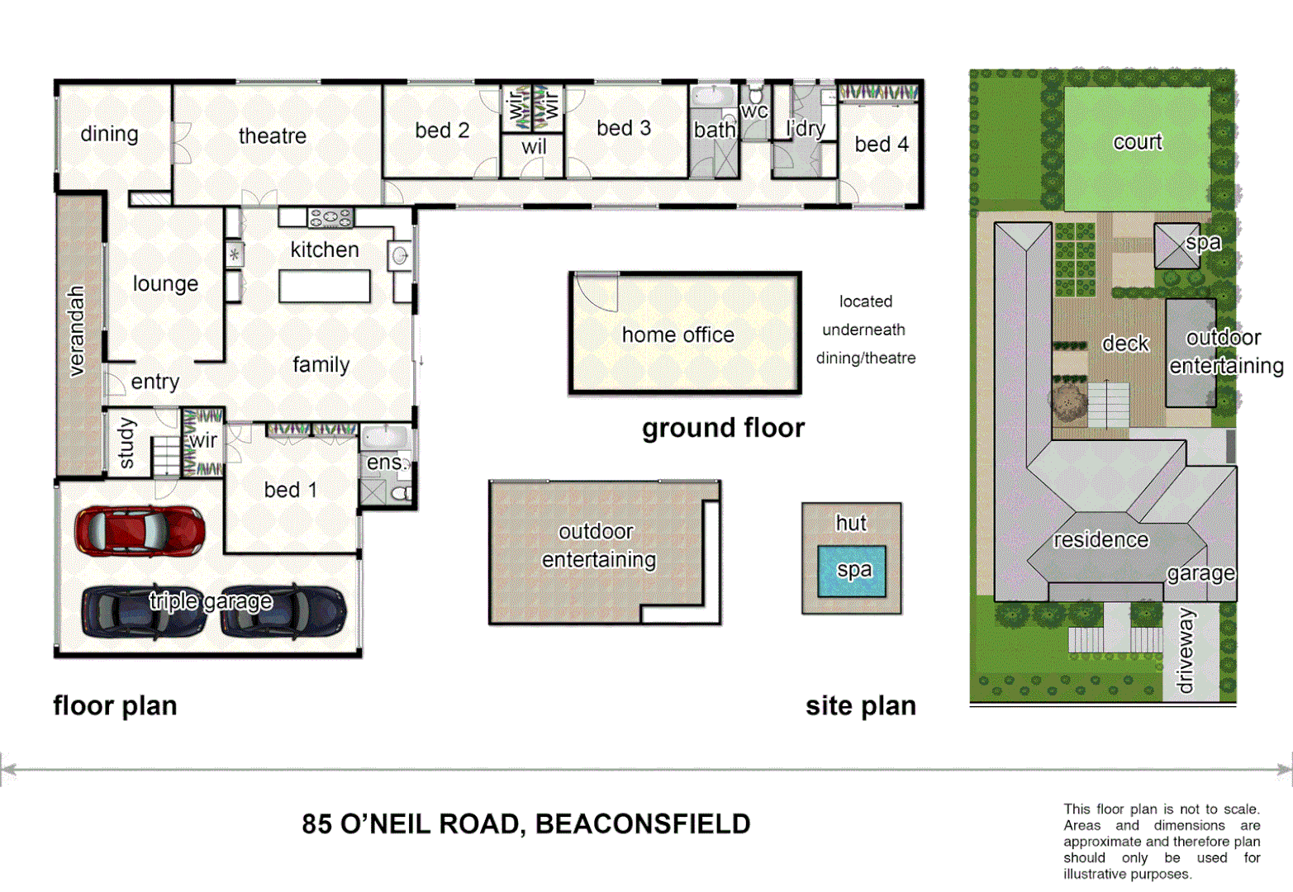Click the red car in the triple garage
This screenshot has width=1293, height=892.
click(x=139, y=531)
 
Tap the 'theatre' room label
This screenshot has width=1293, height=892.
click(x=272, y=136)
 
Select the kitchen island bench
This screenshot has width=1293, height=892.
click(x=324, y=287)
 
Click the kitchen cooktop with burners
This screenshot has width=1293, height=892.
click(x=330, y=218)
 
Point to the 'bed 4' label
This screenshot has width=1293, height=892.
click(x=881, y=145)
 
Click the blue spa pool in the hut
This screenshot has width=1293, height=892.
click(x=852, y=571)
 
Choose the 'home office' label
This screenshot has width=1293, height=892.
click(x=677, y=334)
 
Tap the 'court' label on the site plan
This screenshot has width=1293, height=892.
click(x=1137, y=142)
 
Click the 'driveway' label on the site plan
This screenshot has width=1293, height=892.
click(x=1186, y=652)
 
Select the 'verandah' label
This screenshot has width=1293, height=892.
click(x=76, y=330)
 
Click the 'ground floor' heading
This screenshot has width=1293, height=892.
click(x=723, y=428)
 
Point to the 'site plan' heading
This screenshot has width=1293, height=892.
click(x=860, y=706)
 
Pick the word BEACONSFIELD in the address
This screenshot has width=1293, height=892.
click(x=643, y=824)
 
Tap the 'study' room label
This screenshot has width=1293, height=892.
click(x=126, y=444)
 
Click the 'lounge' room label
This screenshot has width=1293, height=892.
click(x=165, y=284)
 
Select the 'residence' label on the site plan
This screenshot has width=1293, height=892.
click(x=1100, y=540)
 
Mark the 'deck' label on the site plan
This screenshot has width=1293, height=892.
click(x=1125, y=344)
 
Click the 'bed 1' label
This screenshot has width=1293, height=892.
click(x=290, y=490)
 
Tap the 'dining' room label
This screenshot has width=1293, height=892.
click(x=109, y=134)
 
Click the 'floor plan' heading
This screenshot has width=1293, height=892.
click(x=115, y=706)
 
